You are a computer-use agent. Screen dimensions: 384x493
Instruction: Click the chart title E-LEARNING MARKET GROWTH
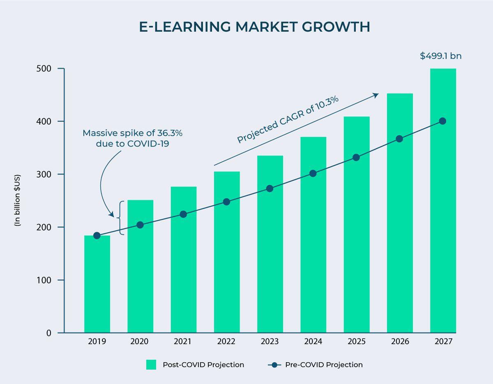(x=255, y=27)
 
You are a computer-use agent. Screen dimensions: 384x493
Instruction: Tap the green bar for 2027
(x=443, y=230)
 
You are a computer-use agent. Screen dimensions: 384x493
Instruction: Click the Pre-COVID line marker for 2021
(x=183, y=214)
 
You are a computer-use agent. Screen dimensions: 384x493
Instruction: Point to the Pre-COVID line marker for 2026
(x=399, y=139)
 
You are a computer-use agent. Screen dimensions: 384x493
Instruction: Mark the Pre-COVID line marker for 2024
(x=313, y=173)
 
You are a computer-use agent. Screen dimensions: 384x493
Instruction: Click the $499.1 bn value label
(x=440, y=56)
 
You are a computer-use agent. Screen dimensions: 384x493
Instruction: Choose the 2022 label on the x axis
(x=226, y=342)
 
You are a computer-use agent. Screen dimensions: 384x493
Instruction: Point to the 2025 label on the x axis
(x=356, y=342)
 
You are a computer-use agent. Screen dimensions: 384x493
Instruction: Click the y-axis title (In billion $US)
(x=18, y=201)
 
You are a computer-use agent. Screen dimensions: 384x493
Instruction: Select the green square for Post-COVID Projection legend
(x=151, y=365)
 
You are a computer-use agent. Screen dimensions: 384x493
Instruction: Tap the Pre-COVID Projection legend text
(x=324, y=365)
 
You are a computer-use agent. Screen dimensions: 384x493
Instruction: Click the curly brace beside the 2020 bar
(x=120, y=218)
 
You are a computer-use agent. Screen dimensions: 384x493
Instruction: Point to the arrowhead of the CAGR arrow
(x=376, y=95)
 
